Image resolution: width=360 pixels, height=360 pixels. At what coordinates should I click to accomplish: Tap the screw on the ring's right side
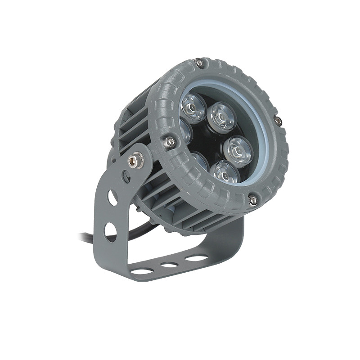[x=278, y=121]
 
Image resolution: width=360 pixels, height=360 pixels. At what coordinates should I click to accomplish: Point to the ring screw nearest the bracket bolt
[x=170, y=142]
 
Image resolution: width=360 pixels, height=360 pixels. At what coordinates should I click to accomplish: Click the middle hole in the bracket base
[x=169, y=265]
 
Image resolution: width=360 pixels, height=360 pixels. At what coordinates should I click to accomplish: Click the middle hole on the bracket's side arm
[x=112, y=197]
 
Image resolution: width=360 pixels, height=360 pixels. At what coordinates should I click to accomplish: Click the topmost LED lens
[x=193, y=108]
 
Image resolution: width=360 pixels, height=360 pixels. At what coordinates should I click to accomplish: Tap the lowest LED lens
[x=225, y=171]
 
